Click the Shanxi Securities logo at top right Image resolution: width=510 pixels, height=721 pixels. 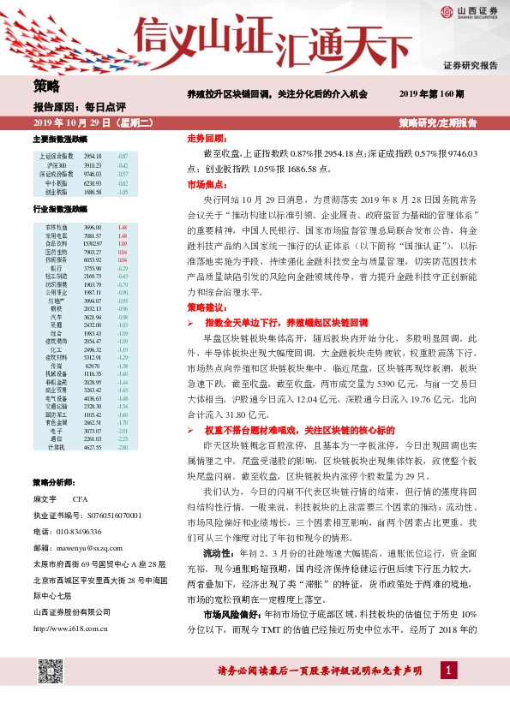pos(466,12)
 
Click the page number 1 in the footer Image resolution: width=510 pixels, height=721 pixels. pos(447,694)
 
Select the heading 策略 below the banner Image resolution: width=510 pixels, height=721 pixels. pos(47,87)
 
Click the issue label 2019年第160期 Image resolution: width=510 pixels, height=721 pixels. pos(431,93)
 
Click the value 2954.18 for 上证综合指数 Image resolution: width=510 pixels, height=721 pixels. pos(93,156)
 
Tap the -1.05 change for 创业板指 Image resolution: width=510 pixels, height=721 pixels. pos(122,193)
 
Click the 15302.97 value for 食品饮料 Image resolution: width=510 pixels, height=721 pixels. pos(93,242)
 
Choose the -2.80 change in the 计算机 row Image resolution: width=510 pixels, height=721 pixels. pos(122,448)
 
